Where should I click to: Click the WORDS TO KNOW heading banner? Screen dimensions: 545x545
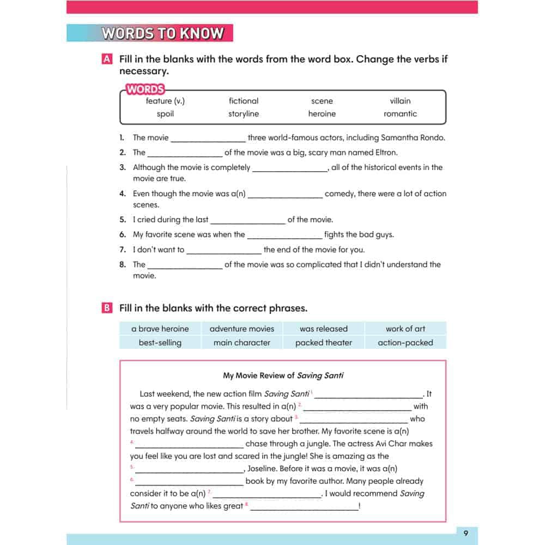(x=162, y=33)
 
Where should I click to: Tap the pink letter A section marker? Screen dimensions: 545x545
(x=107, y=59)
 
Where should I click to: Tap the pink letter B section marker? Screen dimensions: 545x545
(x=107, y=308)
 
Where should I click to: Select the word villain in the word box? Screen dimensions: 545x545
(x=400, y=101)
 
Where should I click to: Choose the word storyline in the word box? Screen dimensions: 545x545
(x=244, y=114)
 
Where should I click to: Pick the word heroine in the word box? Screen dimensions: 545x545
(x=322, y=114)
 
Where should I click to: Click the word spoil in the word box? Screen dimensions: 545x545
(x=165, y=114)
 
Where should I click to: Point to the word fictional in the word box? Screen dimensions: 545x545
(x=244, y=101)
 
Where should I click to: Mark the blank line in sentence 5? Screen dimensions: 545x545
(x=248, y=221)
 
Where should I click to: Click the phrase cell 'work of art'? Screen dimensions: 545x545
(x=405, y=329)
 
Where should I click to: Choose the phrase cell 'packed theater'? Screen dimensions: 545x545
(x=324, y=343)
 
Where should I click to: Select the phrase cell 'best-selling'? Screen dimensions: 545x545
(x=160, y=343)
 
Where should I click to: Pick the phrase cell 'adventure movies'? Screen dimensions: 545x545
(x=242, y=329)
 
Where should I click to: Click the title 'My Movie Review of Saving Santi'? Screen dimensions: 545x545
(x=283, y=376)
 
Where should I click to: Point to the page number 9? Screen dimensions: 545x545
(x=465, y=533)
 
